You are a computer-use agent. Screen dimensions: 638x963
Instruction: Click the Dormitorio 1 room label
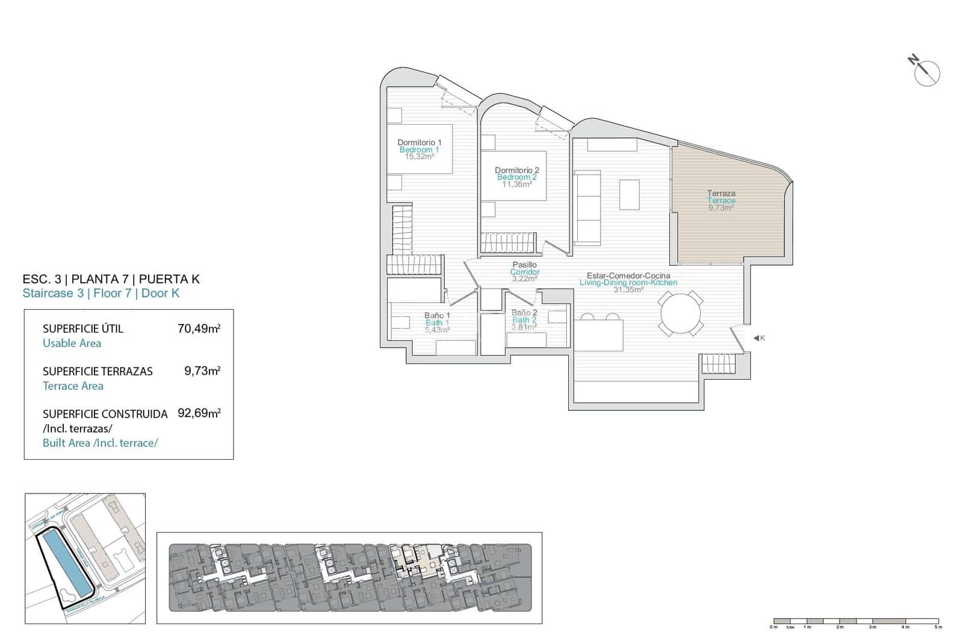coord(420,143)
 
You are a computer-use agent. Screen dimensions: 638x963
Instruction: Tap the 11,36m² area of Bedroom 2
coord(517,184)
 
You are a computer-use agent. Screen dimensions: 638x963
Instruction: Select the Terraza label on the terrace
coord(721,193)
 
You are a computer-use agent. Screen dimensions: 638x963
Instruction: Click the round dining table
coord(681,313)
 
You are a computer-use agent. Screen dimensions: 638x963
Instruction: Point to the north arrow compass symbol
coord(926,73)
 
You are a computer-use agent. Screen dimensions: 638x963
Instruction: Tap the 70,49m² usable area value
coord(199,328)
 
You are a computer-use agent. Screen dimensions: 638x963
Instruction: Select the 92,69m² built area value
coord(199,413)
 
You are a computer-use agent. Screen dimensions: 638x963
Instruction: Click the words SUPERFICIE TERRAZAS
coord(98,371)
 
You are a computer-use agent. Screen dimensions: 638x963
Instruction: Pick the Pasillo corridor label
coord(524,264)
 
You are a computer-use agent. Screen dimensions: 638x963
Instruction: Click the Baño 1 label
coord(437,315)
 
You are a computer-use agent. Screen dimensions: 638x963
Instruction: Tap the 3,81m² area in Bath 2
coord(524,327)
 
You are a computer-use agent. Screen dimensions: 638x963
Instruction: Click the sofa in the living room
coord(587,207)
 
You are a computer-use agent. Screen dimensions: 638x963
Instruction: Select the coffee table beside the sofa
coord(630,195)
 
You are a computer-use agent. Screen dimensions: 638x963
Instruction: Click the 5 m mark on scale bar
coord(938,627)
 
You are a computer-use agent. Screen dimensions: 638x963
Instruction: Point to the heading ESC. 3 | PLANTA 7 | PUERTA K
coord(111,279)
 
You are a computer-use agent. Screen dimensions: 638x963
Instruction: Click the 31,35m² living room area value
coord(628,289)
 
